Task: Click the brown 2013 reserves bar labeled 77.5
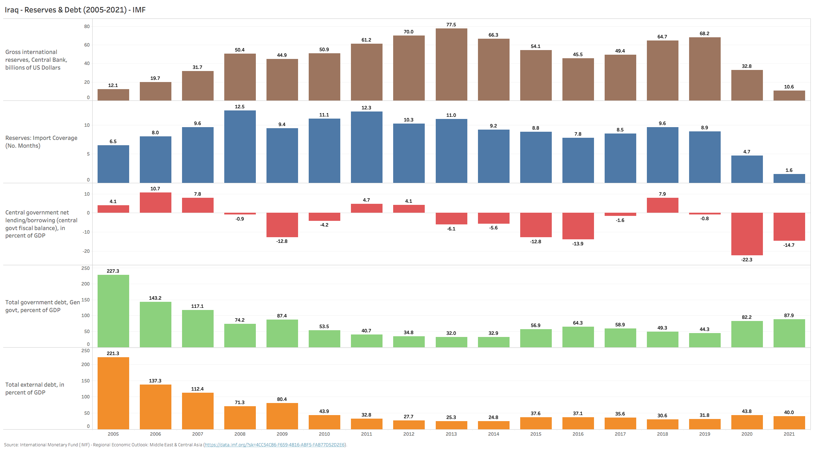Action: [451, 64]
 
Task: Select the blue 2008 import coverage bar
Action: [240, 147]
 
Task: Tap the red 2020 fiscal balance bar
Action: [747, 234]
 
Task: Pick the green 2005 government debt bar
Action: [113, 311]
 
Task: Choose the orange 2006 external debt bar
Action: [155, 407]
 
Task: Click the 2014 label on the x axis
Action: [493, 434]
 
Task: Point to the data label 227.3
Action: [113, 271]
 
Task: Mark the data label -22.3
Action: [747, 260]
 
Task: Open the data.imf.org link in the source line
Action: [275, 445]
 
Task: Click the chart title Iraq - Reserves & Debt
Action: [75, 10]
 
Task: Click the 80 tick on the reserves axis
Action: [87, 26]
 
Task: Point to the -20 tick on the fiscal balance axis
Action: [86, 251]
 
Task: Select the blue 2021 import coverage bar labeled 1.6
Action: [789, 178]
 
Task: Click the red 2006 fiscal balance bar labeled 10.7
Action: [155, 202]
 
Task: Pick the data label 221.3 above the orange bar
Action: [113, 353]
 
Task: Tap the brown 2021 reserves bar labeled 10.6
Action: [789, 96]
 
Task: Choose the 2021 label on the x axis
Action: [789, 434]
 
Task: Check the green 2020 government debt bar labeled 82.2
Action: [747, 334]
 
